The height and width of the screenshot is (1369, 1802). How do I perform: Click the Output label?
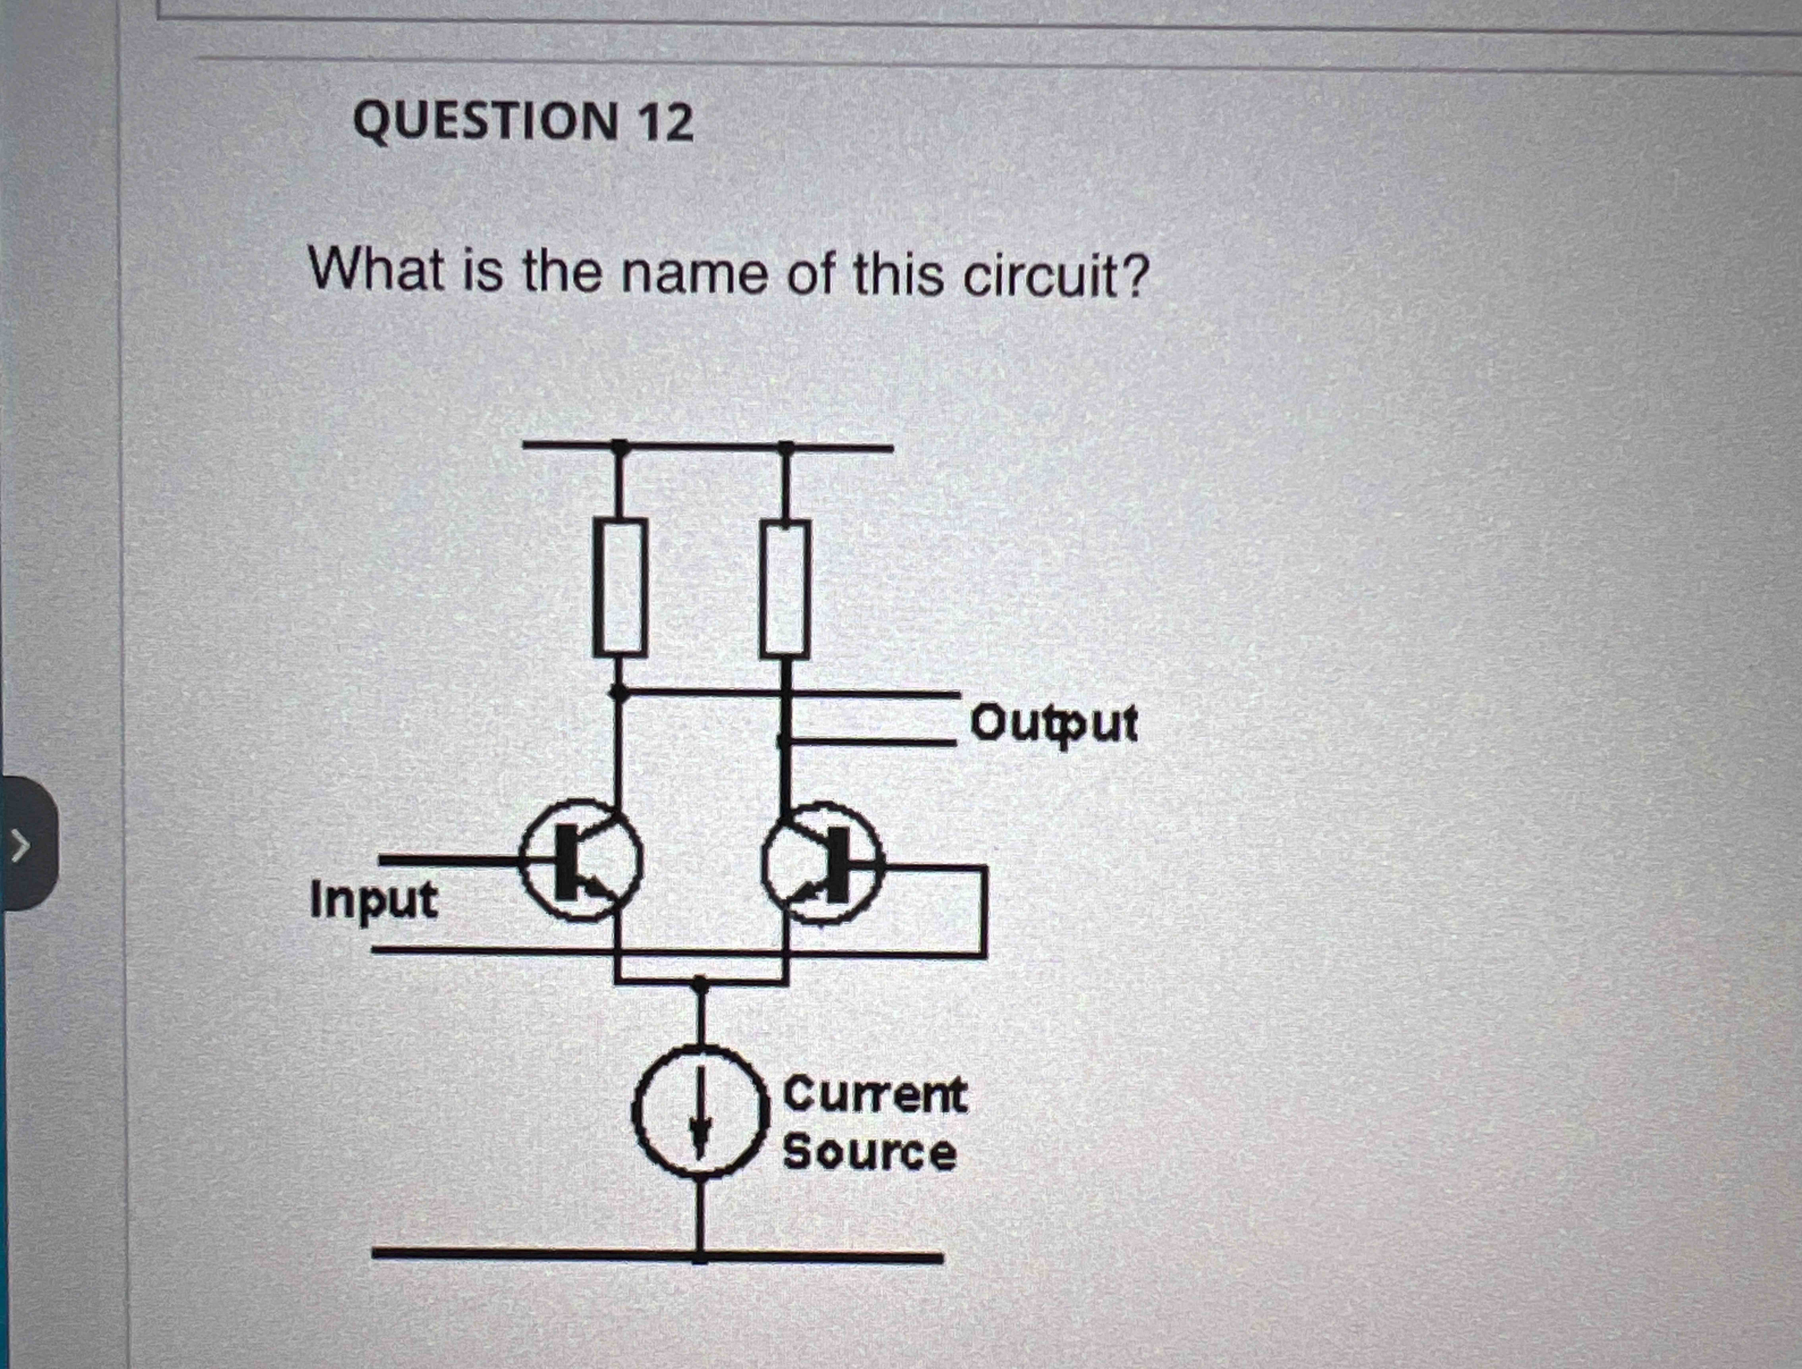point(1053,724)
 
